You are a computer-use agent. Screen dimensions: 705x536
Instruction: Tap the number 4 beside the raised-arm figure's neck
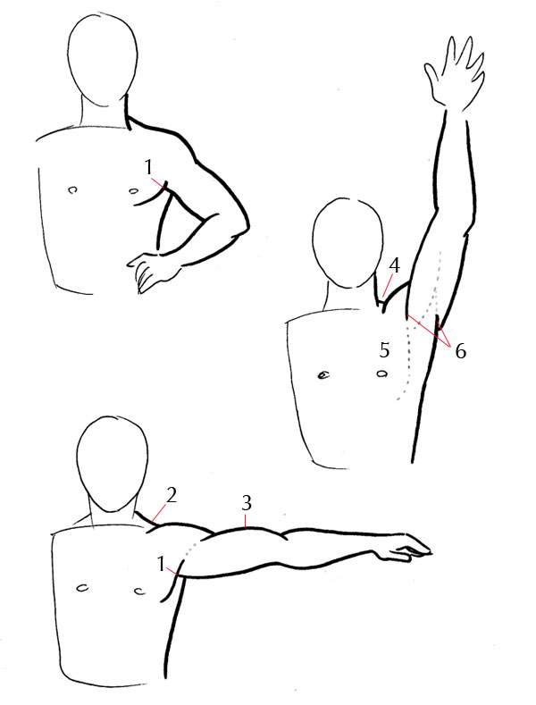[393, 266]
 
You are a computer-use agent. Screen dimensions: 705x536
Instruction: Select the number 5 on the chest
[384, 348]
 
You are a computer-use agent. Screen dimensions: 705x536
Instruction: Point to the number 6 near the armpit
[460, 351]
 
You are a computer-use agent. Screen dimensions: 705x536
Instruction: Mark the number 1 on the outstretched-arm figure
[161, 564]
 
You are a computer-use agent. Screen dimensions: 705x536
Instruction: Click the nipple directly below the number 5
[382, 373]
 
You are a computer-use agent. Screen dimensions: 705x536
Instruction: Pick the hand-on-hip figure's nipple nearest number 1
[134, 189]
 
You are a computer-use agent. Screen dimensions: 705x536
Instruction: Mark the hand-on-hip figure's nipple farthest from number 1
[72, 189]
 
